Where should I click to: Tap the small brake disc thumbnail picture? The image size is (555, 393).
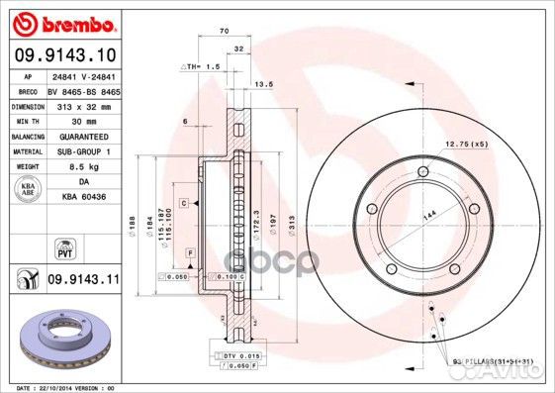[58, 340]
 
